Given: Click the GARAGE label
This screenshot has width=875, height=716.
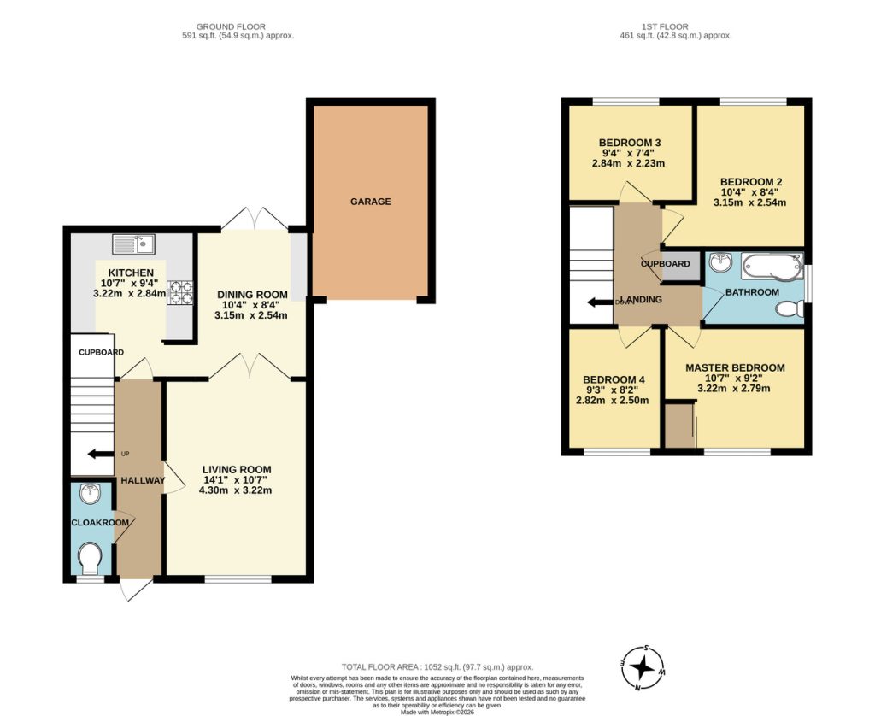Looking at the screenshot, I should (x=370, y=202).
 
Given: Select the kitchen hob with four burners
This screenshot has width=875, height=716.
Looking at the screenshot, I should (x=181, y=292).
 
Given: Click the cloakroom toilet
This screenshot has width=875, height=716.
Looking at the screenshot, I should (x=89, y=560).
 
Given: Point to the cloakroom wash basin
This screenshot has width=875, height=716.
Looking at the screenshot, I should (x=89, y=493).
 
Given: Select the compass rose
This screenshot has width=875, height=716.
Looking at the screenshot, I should (x=643, y=666).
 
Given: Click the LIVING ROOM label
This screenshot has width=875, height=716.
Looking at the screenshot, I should (x=237, y=469).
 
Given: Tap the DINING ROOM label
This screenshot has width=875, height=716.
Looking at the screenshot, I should (x=251, y=295).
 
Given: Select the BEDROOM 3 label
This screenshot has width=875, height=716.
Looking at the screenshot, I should (x=630, y=143).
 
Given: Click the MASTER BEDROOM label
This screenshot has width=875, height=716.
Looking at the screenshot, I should (x=735, y=368).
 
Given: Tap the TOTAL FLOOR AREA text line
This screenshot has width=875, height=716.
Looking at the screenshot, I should (x=437, y=666).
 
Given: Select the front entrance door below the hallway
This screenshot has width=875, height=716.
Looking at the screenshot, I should (x=135, y=589).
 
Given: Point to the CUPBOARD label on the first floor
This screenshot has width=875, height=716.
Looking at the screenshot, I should (x=665, y=264).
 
